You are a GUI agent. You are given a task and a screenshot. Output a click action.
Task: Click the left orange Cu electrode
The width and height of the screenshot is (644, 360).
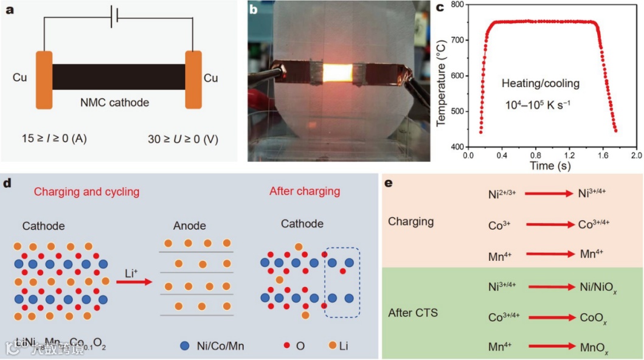pos(44,80)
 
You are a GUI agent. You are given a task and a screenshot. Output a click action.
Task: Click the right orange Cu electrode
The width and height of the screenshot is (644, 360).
pos(193,80)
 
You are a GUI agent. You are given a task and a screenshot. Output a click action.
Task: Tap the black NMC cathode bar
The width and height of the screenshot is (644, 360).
pos(119,76)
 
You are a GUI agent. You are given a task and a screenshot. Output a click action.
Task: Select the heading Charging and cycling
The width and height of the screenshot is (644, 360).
pos(86,192)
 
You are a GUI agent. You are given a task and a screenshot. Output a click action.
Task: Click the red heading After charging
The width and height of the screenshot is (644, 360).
pos(304,192)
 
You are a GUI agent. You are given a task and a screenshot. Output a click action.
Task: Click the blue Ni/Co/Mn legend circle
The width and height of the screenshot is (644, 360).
pos(185,345)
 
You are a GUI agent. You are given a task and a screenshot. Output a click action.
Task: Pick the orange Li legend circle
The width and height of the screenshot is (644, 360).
pos(333,345)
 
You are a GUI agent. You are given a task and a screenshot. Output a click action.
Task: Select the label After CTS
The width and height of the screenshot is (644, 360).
pos(412,313)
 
